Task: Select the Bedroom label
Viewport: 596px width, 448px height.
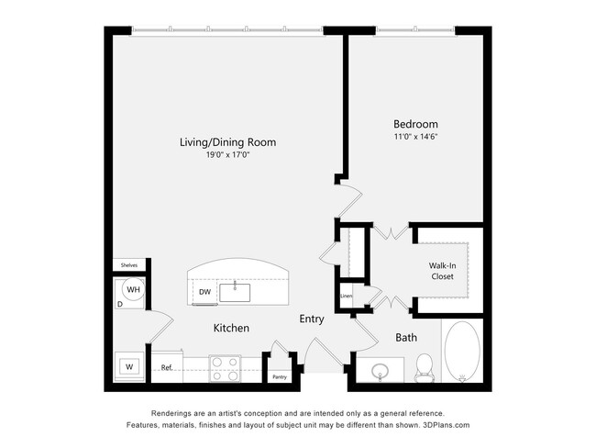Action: pyautogui.click(x=415, y=124)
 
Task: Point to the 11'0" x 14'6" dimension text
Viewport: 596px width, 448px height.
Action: pyautogui.click(x=415, y=137)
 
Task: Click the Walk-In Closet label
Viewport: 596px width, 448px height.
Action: pyautogui.click(x=442, y=270)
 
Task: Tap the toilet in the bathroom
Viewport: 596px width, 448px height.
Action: pyautogui.click(x=424, y=366)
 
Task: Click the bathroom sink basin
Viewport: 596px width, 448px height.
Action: pyautogui.click(x=381, y=372)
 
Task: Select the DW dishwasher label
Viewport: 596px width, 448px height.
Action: pyautogui.click(x=204, y=293)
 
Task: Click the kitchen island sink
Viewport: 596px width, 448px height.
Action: pyautogui.click(x=236, y=293)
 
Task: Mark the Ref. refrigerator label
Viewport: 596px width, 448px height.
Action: pyautogui.click(x=167, y=367)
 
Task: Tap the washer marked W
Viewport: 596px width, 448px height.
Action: pyautogui.click(x=129, y=367)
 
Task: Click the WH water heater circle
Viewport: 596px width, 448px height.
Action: pyautogui.click(x=134, y=290)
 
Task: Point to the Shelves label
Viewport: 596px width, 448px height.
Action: pyautogui.click(x=128, y=265)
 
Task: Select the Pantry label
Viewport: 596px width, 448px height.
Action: pyautogui.click(x=280, y=376)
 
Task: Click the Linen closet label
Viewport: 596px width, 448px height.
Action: pyautogui.click(x=347, y=296)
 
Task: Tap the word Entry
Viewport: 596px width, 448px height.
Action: pyautogui.click(x=312, y=319)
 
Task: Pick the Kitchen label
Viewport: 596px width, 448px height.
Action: pyautogui.click(x=231, y=328)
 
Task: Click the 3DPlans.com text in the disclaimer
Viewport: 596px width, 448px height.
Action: pyautogui.click(x=444, y=425)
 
